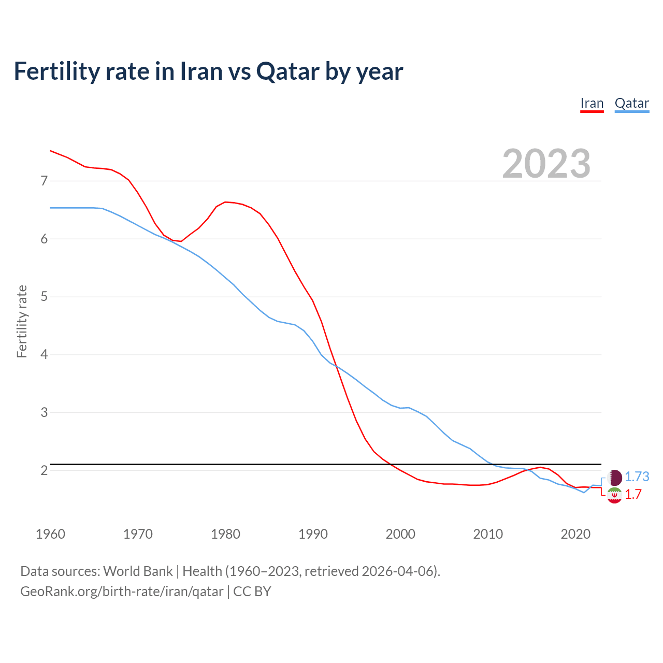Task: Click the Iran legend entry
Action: (592, 103)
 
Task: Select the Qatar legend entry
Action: (632, 103)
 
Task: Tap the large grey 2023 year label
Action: (546, 164)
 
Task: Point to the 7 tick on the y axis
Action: (44, 181)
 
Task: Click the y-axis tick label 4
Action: (44, 355)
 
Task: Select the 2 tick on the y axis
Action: (44, 470)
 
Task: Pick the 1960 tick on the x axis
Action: (50, 534)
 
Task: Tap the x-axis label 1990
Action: (313, 534)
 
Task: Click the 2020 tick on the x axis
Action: (575, 534)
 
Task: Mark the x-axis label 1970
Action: (138, 534)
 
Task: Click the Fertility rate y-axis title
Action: (22, 321)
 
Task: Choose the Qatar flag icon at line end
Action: (615, 477)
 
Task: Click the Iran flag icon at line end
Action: (614, 495)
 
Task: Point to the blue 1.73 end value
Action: (637, 477)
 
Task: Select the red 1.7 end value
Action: (633, 495)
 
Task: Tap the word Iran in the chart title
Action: (199, 71)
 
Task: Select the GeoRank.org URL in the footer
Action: (122, 592)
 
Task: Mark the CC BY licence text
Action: (252, 592)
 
